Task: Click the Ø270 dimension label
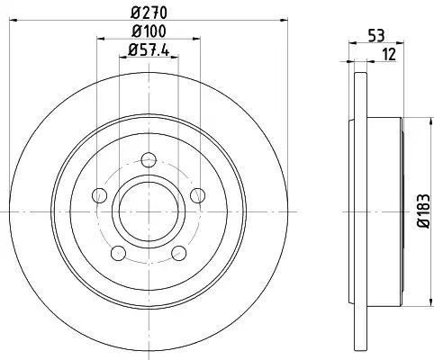coord(149,13)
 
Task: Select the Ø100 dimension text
coord(149,31)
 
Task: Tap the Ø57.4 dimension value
coord(149,49)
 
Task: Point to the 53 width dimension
coord(376,36)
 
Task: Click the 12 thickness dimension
coord(389,55)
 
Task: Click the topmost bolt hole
coord(149,159)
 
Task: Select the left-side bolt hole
coord(99,195)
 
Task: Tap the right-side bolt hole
coord(198,195)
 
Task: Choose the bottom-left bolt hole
coord(118,253)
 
